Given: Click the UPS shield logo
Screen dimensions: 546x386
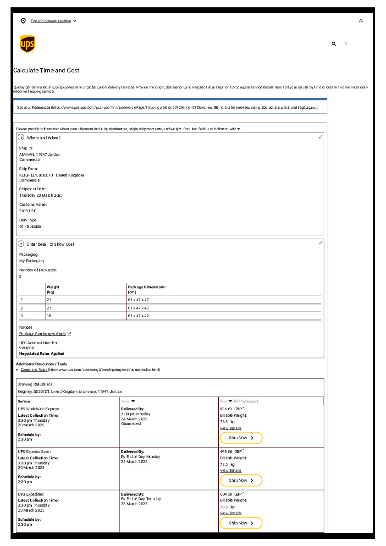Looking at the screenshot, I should [27, 44].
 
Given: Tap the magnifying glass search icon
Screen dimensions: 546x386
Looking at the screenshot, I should [334, 44].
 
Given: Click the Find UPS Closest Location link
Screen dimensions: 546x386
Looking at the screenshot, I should [50, 21].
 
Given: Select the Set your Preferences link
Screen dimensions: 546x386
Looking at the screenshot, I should [34, 107].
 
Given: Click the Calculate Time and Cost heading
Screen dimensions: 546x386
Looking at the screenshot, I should [46, 71].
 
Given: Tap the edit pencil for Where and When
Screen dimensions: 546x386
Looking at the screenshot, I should [320, 137].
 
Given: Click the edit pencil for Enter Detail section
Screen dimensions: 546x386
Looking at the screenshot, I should [320, 243].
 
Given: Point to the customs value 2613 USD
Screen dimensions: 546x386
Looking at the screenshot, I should [28, 211].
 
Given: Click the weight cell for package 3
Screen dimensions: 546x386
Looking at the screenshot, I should [49, 316].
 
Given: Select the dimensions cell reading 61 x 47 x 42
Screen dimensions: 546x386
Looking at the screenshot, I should [138, 316].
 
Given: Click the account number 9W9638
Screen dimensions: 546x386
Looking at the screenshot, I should [27, 348].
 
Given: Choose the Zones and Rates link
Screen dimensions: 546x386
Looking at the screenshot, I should [34, 370].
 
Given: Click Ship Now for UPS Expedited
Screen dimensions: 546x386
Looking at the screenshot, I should [241, 523].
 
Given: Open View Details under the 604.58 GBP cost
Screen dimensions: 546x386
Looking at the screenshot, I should [231, 513].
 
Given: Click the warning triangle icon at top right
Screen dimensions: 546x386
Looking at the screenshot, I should [361, 21].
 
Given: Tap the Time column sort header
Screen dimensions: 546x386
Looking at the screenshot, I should [128, 401].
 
